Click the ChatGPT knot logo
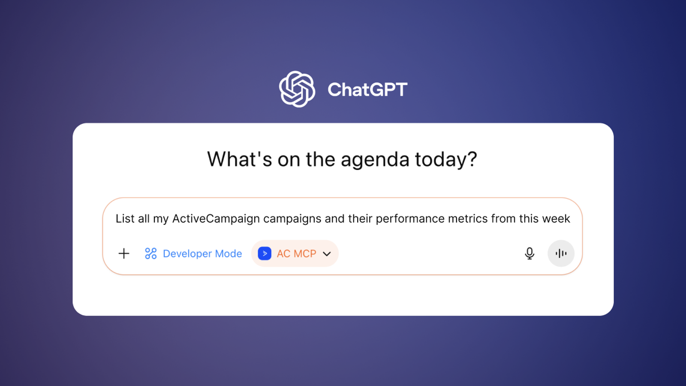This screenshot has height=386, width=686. point(297,89)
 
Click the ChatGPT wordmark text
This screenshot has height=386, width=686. point(367,90)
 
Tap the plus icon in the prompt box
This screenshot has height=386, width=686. point(124,253)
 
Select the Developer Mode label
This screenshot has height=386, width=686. point(202,253)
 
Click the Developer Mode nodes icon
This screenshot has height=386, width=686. point(150,253)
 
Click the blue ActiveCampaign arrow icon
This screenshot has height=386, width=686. point(265,253)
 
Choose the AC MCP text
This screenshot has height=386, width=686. point(296,253)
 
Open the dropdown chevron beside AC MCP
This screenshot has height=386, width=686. point(327,254)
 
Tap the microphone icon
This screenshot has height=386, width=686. point(530,253)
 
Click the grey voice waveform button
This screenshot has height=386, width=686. point(561,253)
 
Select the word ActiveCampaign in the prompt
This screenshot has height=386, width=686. point(216,219)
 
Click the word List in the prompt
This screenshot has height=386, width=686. point(125,218)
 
